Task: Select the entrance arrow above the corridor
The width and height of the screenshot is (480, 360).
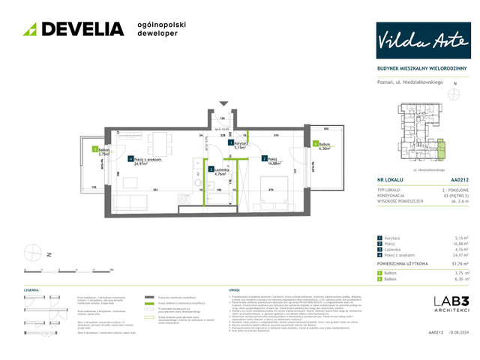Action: [223, 104]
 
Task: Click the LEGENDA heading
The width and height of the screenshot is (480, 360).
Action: [31, 289]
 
